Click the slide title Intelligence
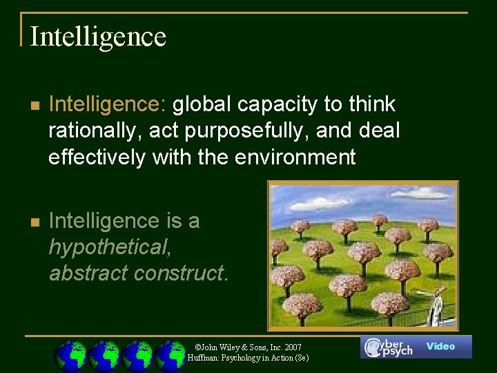coord(98,36)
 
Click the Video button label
coord(440,346)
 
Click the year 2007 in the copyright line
coord(291,346)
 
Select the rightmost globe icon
coord(170,356)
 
